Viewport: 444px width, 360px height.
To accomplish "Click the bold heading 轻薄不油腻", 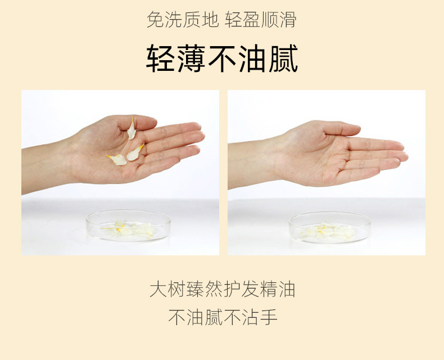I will [x=222, y=58].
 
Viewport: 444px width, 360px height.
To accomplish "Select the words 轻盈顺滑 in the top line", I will [x=261, y=20].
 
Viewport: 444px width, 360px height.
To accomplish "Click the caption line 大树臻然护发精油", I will [x=222, y=290].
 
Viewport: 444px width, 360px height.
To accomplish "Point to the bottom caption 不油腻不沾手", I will [x=222, y=317].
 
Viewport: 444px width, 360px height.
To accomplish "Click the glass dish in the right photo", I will [x=329, y=227].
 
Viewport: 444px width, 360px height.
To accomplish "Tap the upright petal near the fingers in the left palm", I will [x=132, y=129].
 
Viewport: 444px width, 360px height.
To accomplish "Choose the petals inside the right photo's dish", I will [x=329, y=231].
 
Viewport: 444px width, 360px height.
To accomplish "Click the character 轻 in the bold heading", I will [x=161, y=58].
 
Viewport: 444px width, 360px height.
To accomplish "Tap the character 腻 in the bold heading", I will [x=283, y=58].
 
